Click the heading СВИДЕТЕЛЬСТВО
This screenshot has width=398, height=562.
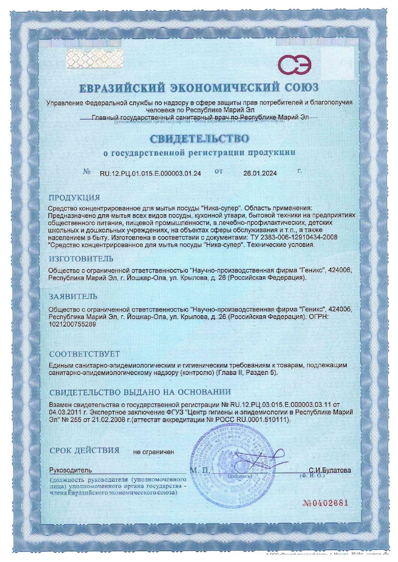(199, 139)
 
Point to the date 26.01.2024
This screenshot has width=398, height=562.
(260, 173)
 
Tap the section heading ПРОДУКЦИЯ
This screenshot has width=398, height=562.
(75, 198)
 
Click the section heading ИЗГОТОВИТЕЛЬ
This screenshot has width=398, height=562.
(81, 259)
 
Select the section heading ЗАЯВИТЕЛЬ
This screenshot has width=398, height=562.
(73, 296)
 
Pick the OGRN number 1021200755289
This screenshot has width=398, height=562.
(72, 324)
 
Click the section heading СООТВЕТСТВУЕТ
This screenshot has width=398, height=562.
(84, 354)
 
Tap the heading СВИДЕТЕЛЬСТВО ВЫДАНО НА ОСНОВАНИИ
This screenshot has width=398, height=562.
(140, 392)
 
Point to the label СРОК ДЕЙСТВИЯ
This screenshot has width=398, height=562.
(84, 450)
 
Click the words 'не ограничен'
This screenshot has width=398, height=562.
(153, 452)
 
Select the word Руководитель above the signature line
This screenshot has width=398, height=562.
(70, 470)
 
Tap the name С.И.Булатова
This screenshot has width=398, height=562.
(330, 470)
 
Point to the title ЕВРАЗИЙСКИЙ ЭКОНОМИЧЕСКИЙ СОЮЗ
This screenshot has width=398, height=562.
(199, 88)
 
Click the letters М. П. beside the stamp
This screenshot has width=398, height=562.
(200, 470)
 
